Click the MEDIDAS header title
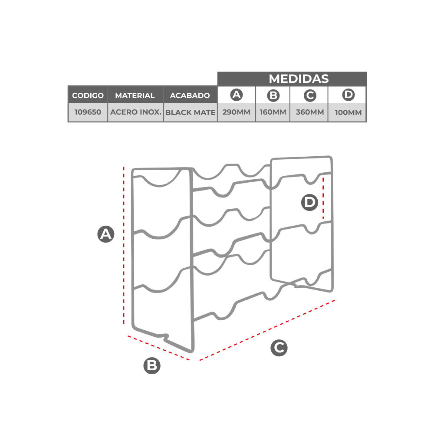pos(299,79)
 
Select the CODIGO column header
pos(88,95)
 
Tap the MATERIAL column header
pos(135,95)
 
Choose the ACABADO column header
pos(190,95)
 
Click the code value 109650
pos(88,112)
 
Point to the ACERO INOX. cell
pos(135,112)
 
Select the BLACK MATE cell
pos(190,112)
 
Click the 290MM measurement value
pos(237,112)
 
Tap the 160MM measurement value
pos(273,112)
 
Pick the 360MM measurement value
pos(310,112)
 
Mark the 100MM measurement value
pos(348,112)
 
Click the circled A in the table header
pos(237,95)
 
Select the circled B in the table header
pos(273,95)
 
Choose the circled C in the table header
pos(310,95)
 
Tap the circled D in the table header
pos(348,95)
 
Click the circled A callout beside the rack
pos(106,234)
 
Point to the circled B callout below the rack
pos(152,365)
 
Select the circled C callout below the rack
pos(279,348)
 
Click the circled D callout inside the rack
pos(309,202)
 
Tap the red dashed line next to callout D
pos(323,198)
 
